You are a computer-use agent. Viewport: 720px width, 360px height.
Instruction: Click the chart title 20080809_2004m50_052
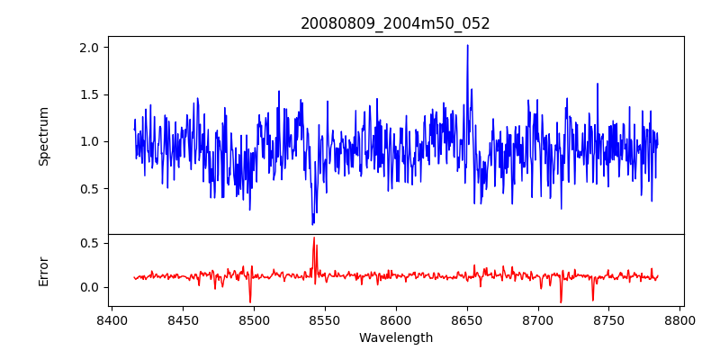tap(395, 24)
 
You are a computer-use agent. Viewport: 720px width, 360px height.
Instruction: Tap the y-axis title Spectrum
tap(43, 137)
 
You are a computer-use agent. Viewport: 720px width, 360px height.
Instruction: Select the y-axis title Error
tap(43, 272)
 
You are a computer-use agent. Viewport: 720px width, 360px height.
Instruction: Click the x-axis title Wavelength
tap(396, 338)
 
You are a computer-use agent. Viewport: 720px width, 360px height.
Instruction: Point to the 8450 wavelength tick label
tap(183, 320)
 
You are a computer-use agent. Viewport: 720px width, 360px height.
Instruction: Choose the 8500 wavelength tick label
tap(254, 320)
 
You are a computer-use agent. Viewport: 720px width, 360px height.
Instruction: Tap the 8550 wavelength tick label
tap(325, 320)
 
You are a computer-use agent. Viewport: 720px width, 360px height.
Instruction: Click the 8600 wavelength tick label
tap(396, 320)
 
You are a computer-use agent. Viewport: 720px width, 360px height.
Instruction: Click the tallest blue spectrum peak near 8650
tap(467, 46)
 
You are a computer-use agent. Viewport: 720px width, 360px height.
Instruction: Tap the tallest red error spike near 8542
tap(314, 238)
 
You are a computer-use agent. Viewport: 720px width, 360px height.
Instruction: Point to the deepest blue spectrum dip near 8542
tap(312, 224)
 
